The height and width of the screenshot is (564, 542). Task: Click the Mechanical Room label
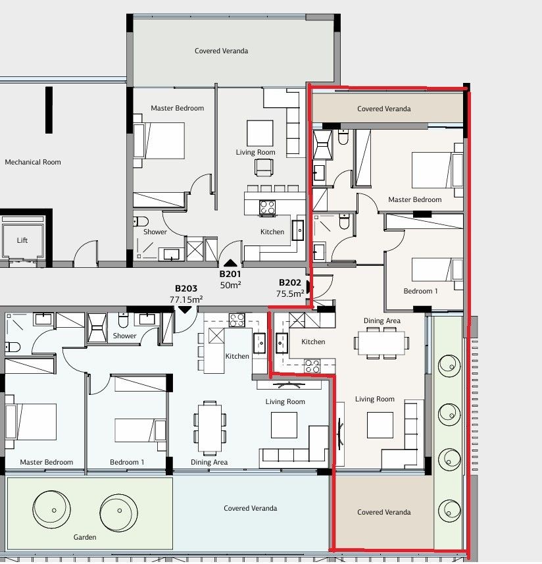(x=33, y=162)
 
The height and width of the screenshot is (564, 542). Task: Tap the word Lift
(x=22, y=240)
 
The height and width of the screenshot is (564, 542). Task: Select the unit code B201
(x=230, y=274)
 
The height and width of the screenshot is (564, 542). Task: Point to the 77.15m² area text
(x=186, y=298)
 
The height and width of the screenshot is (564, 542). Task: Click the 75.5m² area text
(x=290, y=294)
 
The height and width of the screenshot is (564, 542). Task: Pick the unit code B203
(x=186, y=288)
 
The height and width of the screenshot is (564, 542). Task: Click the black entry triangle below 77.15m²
(x=185, y=309)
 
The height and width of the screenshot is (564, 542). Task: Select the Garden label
(x=85, y=537)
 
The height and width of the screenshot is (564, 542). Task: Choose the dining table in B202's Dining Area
(x=381, y=342)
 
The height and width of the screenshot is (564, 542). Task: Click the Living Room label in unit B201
(x=255, y=152)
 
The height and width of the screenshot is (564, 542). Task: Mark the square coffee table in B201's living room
(x=260, y=133)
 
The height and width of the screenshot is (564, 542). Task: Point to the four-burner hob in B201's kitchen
(x=267, y=208)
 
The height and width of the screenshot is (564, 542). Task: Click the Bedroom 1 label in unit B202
(x=420, y=291)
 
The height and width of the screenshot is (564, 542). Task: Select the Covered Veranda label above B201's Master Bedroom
(x=221, y=51)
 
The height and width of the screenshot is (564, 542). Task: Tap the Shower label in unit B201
(x=155, y=232)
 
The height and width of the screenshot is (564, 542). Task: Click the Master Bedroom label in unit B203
(x=46, y=462)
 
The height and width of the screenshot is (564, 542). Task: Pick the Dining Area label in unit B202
(x=382, y=321)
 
